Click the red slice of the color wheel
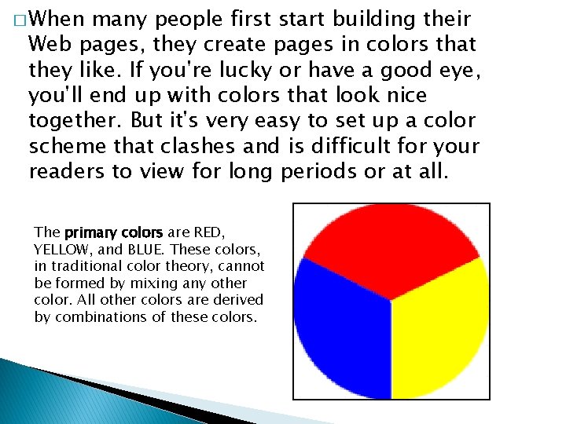(x=391, y=243)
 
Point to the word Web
(x=50, y=44)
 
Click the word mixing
(x=141, y=283)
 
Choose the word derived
(x=242, y=300)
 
